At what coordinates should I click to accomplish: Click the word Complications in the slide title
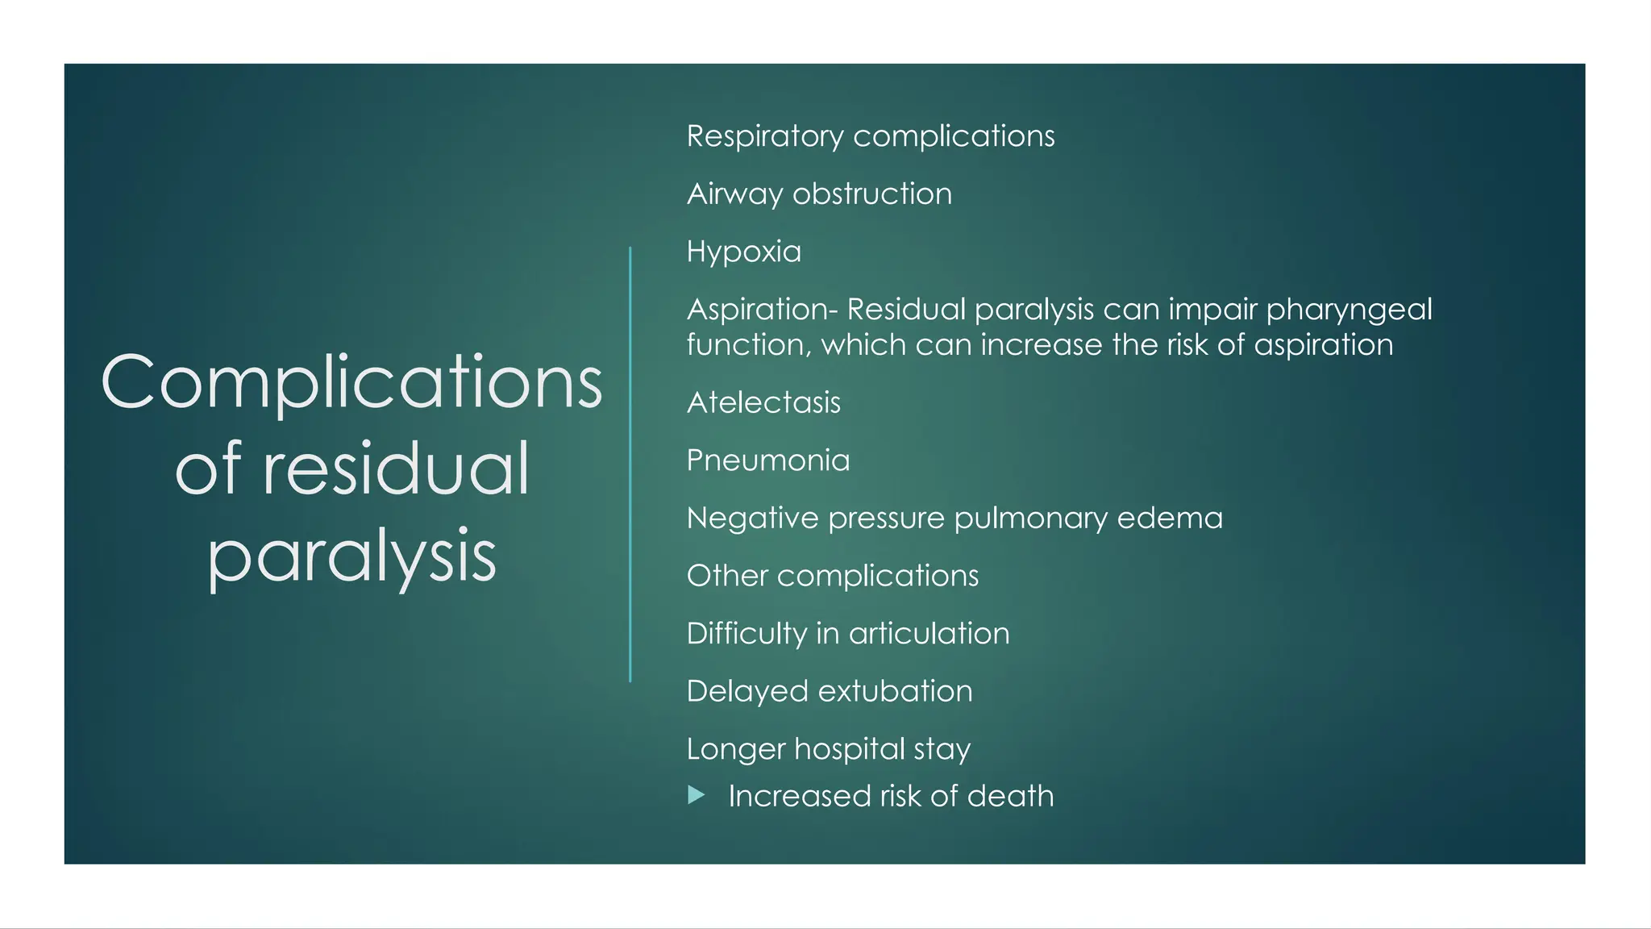tap(351, 382)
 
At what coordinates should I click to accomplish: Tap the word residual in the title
tap(395, 469)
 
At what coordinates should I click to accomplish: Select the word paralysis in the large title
tap(351, 556)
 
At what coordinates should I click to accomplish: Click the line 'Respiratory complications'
tap(870, 136)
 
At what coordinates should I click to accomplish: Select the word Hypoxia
tap(743, 252)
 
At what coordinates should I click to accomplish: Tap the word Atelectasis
tap(763, 402)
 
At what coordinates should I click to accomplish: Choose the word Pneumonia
tap(767, 460)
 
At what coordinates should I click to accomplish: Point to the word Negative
tap(752, 518)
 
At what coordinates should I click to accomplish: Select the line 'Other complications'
tap(832, 576)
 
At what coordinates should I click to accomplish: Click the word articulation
tap(929, 634)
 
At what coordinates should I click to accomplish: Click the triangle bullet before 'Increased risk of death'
tap(697, 796)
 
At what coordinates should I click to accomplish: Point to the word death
tap(1010, 796)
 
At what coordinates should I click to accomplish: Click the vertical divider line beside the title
tap(630, 464)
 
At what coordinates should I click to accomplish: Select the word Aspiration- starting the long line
tap(762, 310)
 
